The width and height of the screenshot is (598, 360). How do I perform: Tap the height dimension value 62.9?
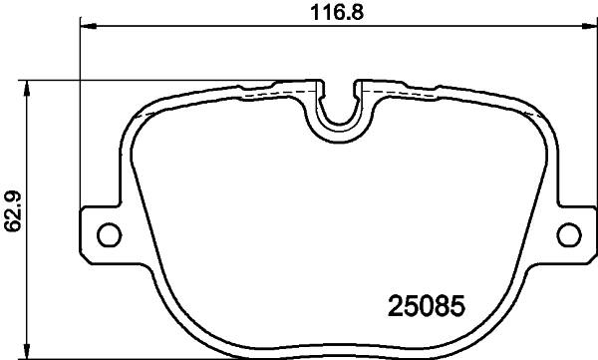[x=13, y=211]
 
